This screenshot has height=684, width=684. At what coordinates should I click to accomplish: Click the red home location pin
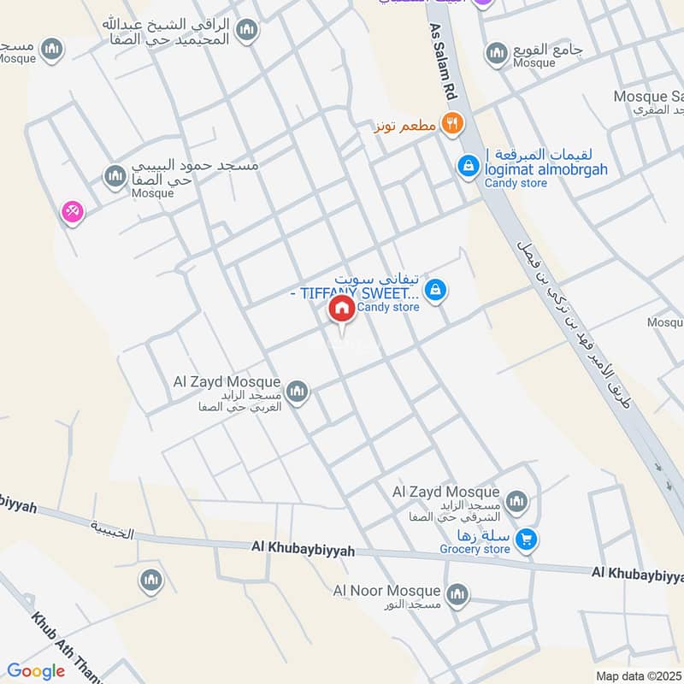click(341, 309)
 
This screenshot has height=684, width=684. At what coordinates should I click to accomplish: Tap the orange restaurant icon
click(452, 124)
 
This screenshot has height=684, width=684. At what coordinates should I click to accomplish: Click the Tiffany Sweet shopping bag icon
click(436, 292)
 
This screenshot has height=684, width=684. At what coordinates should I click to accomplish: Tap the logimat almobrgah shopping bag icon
click(468, 165)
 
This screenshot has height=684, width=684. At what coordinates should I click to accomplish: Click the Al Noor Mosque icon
click(457, 593)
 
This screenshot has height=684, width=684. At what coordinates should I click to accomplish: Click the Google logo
click(36, 671)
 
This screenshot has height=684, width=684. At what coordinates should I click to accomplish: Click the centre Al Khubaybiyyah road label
click(303, 547)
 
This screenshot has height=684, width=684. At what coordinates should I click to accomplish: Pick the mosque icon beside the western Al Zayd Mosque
click(297, 392)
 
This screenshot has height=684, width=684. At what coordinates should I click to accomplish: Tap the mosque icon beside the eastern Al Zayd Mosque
click(516, 501)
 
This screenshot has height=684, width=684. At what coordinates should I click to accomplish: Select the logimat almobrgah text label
click(546, 169)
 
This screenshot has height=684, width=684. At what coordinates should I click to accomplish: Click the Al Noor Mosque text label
click(386, 591)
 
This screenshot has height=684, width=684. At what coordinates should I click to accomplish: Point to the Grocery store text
click(475, 549)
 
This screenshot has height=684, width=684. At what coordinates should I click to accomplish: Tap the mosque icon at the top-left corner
click(52, 48)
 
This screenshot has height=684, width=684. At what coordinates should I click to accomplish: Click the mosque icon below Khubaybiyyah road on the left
click(151, 581)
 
